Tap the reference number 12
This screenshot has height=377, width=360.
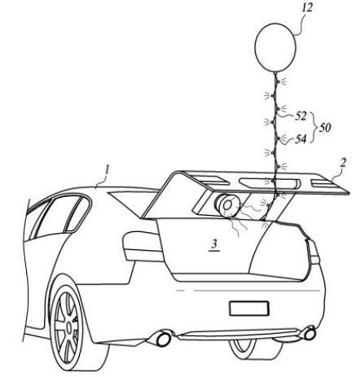point(307,8)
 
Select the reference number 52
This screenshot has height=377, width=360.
point(301,116)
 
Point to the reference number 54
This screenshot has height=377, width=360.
point(301,139)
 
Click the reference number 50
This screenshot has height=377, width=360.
point(325,127)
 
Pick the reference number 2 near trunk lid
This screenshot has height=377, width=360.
point(343,163)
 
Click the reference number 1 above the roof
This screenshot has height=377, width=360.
point(107,170)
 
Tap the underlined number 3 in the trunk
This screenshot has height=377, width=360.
point(214,244)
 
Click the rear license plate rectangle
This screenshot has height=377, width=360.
point(249,309)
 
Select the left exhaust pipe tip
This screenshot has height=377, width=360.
point(162,338)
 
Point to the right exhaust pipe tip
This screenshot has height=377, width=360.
point(309,334)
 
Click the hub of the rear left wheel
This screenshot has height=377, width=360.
point(69,327)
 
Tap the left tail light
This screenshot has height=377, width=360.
point(143,246)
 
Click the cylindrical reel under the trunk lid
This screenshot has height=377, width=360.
point(227,205)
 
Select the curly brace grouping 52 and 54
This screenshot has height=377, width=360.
point(314,127)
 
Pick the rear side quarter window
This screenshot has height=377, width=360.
point(77,214)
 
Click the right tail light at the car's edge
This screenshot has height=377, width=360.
point(313,252)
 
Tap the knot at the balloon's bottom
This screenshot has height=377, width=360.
point(275,73)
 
